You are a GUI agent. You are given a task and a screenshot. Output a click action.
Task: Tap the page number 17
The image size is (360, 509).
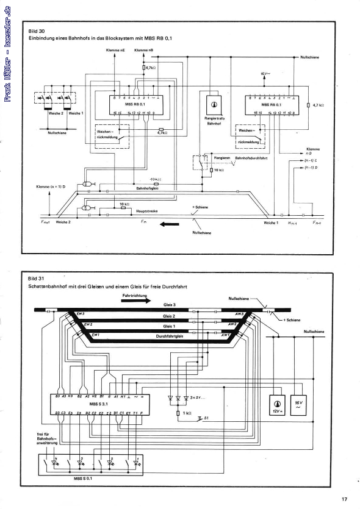point(345,499)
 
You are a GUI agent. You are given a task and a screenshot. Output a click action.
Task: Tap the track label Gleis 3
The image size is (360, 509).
point(170,305)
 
